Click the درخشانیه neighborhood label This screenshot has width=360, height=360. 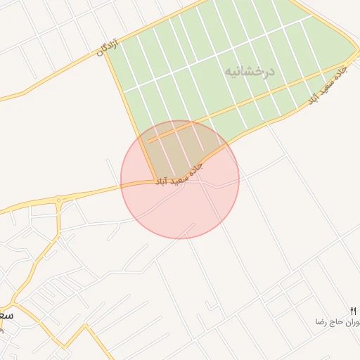pyautogui.click(x=250, y=72)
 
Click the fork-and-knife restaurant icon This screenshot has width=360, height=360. pyautogui.click(x=353, y=310)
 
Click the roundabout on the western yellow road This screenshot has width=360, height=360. pyautogui.click(x=58, y=200)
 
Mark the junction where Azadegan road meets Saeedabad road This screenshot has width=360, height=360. pyautogui.click(x=156, y=181)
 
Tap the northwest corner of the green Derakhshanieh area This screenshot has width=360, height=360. pyautogui.click(x=107, y=52)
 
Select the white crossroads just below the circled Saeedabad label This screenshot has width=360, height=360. pyautogui.click(x=200, y=182)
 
